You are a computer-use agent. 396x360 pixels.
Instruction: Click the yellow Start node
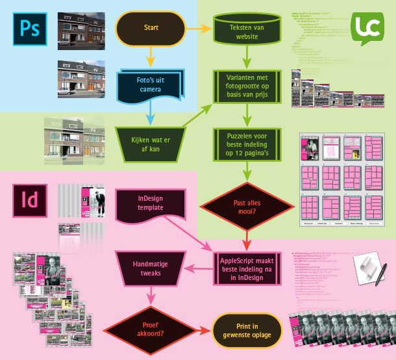(x=151, y=28)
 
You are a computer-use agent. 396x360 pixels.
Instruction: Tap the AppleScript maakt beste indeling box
(x=246, y=268)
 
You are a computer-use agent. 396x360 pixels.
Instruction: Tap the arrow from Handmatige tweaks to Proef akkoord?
(x=150, y=296)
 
